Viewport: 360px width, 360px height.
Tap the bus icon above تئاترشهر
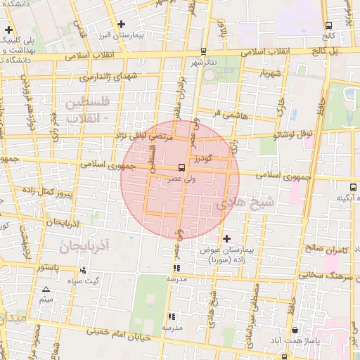coord(203,51)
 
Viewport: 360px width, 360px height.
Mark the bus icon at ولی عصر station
coord(182,167)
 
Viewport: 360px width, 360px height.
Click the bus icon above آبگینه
coord(352,187)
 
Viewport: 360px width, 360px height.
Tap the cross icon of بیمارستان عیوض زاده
coord(226,239)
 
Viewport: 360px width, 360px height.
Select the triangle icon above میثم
coord(46,289)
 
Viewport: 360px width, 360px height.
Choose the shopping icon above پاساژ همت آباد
coord(294,330)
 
